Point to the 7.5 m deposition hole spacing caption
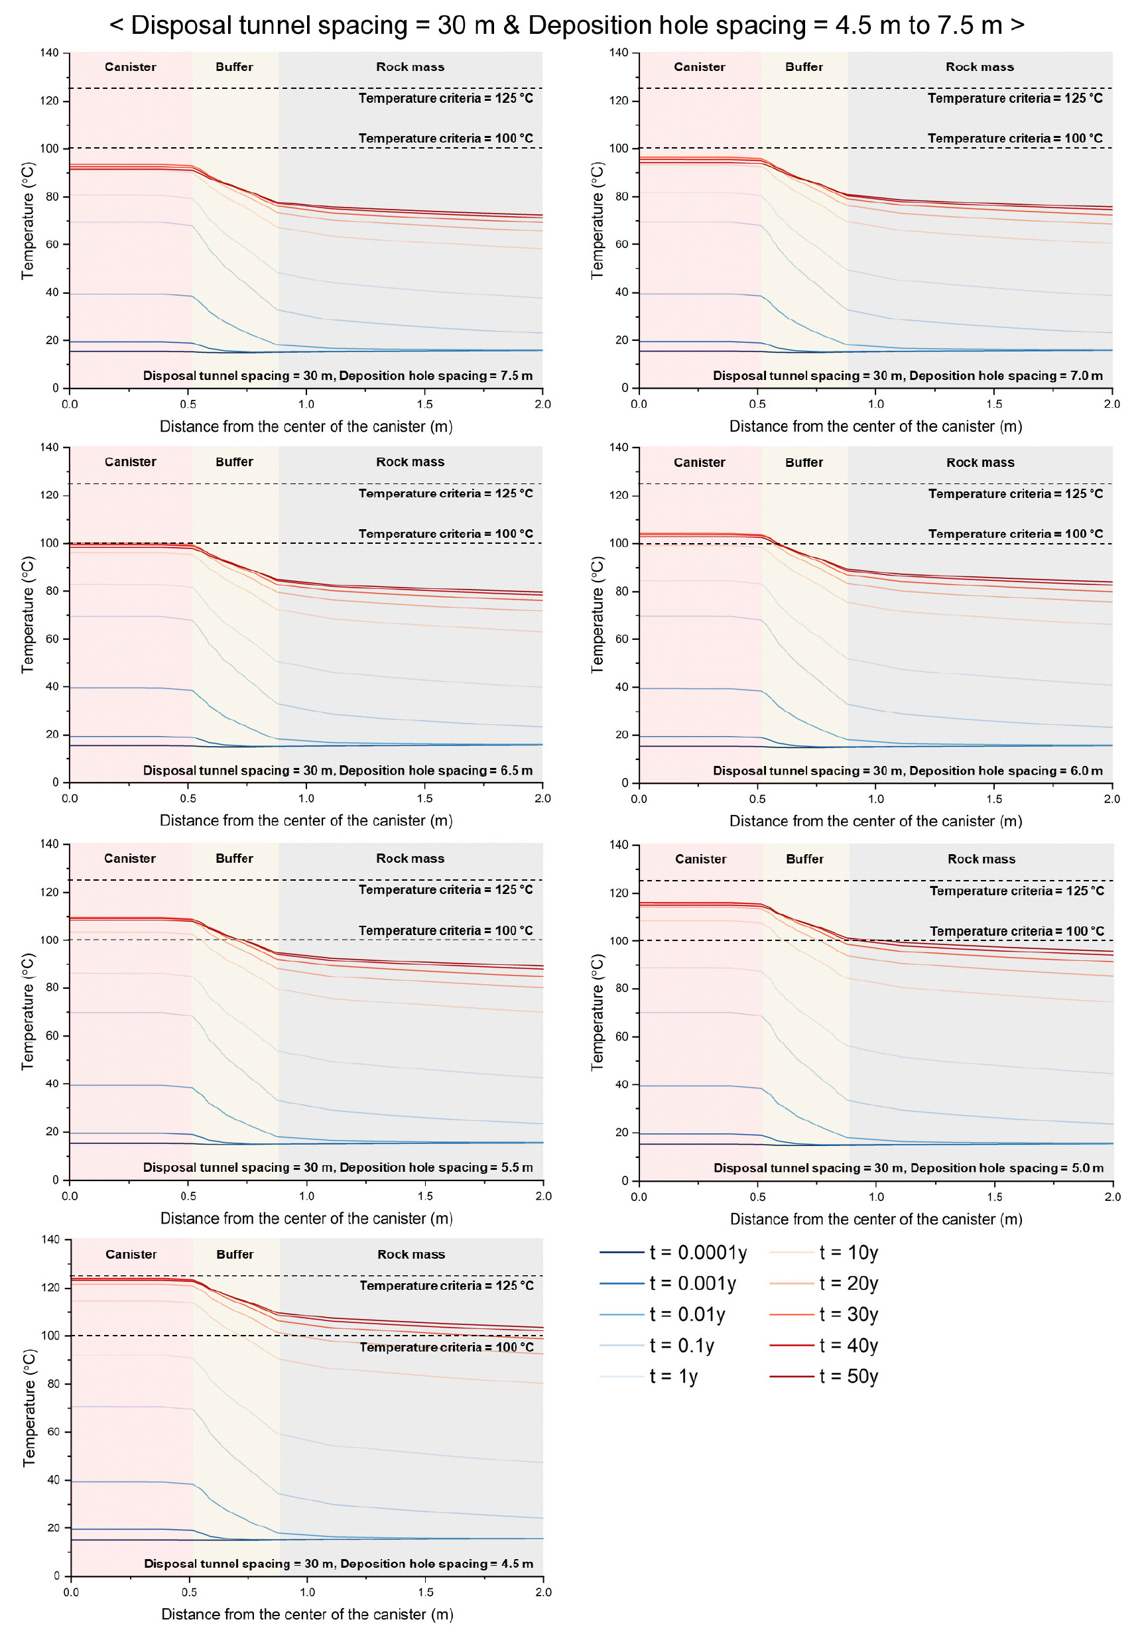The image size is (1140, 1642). pos(337,375)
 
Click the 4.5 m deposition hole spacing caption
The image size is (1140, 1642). pos(339,1564)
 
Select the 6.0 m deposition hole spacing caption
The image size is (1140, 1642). pos(907,771)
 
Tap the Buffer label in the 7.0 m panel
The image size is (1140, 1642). pos(804,67)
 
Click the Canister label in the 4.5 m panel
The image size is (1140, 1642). pos(131,1254)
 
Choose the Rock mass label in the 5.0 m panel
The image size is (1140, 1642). pos(981,859)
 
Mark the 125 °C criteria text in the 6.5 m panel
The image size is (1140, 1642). pos(446,493)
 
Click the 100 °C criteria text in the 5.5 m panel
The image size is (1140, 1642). pos(446,930)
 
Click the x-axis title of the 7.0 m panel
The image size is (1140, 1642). pos(875,426)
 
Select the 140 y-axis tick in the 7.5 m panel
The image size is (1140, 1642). pos(49,53)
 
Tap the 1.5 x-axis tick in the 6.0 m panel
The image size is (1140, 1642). pos(993,798)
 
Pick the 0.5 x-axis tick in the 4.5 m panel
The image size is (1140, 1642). pos(189,1592)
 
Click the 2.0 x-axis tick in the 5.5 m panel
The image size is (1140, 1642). pos(543,1196)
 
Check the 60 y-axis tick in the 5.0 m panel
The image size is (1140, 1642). pos(621,1037)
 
